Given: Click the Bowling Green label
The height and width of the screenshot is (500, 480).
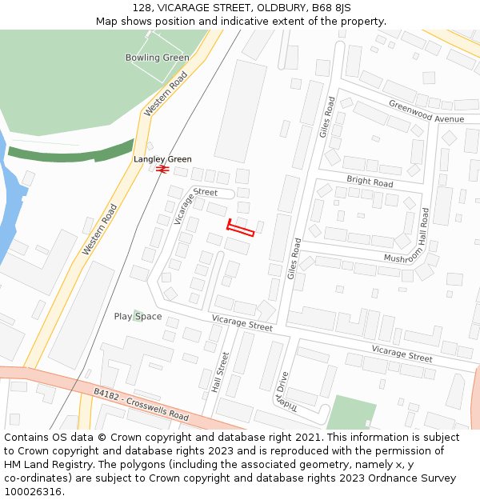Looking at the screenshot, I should pos(157,58).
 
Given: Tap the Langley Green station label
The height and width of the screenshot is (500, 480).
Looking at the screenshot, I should pos(162,159).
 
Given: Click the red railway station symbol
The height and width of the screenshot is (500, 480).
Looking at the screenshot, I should pos(162,170).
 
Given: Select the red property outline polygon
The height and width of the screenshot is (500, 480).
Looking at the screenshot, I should pos(240,230).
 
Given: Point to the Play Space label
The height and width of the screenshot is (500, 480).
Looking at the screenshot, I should pos(138,317).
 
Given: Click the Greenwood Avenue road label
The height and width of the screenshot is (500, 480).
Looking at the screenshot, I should pos(426,111).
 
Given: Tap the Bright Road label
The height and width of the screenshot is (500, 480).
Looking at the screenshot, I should pos(370,182).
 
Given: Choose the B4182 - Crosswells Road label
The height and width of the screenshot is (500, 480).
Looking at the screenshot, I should pos(141,405).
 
